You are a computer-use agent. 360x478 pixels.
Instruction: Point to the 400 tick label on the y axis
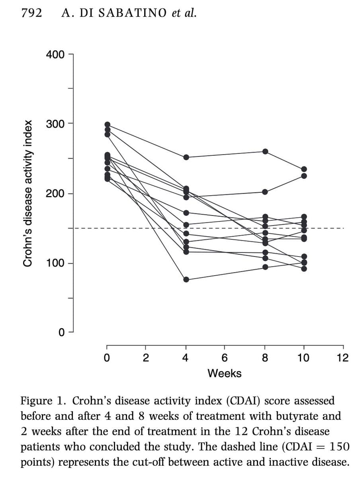click(55, 55)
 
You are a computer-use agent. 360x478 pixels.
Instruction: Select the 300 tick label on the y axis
click(55, 124)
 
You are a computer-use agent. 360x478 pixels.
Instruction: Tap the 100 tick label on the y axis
click(55, 263)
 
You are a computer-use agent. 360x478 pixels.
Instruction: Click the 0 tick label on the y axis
click(61, 332)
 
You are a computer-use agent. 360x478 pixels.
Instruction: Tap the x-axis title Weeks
click(224, 373)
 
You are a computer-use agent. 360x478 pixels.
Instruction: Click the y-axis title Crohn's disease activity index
click(27, 193)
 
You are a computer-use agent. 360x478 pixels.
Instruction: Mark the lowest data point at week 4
click(186, 279)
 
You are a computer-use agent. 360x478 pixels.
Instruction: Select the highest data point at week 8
click(265, 151)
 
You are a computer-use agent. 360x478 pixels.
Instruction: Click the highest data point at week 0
click(107, 125)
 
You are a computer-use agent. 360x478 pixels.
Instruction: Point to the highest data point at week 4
click(186, 157)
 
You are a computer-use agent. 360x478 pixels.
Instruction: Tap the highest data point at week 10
click(304, 169)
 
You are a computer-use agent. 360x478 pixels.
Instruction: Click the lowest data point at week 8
click(265, 267)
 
